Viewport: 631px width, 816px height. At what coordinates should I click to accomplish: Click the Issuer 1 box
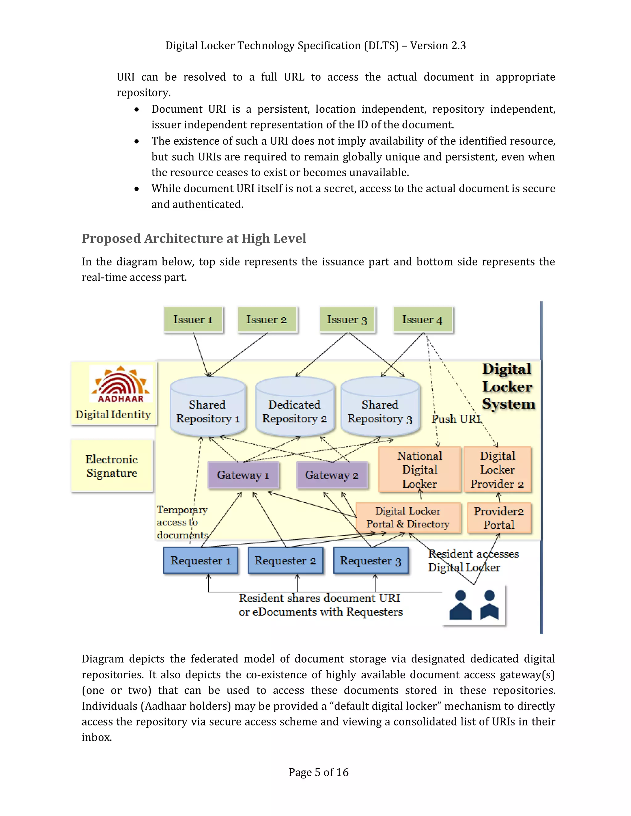[x=193, y=319]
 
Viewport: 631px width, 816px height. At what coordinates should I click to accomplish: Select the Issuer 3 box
[x=347, y=319]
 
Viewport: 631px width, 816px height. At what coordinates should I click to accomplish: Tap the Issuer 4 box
[x=422, y=319]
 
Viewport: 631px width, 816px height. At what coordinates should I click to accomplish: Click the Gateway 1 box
[x=243, y=475]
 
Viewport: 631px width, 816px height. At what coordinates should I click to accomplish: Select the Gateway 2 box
[x=332, y=475]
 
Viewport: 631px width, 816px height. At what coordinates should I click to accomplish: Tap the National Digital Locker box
[x=419, y=470]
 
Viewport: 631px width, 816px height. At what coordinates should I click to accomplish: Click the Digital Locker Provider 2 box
[x=497, y=470]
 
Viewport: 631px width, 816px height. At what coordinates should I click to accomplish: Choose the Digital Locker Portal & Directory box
[x=408, y=518]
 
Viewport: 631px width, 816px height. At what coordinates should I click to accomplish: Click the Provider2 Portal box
[x=499, y=518]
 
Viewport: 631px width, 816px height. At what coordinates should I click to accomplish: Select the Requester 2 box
[x=285, y=560]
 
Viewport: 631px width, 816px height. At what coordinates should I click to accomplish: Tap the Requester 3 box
[x=370, y=560]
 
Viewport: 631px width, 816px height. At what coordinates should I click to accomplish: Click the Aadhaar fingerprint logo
[x=120, y=384]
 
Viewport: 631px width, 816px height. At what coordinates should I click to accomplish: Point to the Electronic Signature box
[x=112, y=466]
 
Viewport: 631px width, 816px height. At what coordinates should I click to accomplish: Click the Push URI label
[x=456, y=419]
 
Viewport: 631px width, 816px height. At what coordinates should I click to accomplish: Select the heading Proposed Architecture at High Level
[x=193, y=238]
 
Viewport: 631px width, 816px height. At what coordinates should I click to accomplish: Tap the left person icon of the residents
[x=460, y=605]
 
